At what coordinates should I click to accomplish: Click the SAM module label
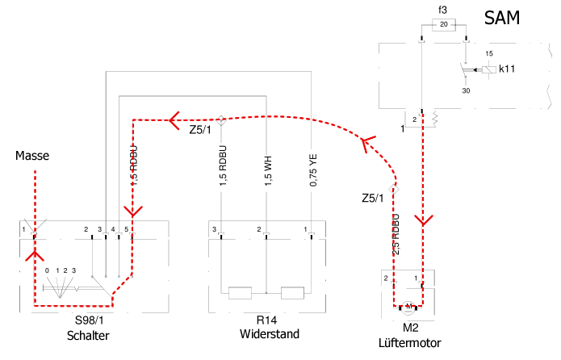tap(501, 18)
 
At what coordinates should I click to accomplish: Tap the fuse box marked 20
tap(444, 25)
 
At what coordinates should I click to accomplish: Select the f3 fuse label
tap(443, 10)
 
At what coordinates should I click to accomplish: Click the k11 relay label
tap(507, 69)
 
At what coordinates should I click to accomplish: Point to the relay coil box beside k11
tap(488, 69)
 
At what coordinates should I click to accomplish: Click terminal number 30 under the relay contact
tap(466, 91)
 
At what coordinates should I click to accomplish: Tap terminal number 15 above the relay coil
tap(489, 54)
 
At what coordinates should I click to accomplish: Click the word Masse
tap(32, 156)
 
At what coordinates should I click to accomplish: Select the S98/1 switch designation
tap(89, 320)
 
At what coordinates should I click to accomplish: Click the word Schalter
tap(88, 336)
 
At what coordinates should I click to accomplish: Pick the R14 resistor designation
tap(266, 320)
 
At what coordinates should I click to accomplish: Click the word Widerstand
tap(270, 334)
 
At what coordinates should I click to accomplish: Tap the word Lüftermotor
tap(410, 343)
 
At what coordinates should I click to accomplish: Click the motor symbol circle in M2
tap(408, 307)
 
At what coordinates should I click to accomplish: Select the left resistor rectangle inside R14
tap(240, 293)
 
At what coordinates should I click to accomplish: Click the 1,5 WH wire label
tap(268, 170)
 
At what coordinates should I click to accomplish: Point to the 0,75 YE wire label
tap(313, 170)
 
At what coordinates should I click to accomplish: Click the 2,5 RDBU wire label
tap(396, 234)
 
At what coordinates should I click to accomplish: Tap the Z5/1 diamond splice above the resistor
tap(221, 120)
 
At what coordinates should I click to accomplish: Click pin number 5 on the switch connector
tap(126, 229)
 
